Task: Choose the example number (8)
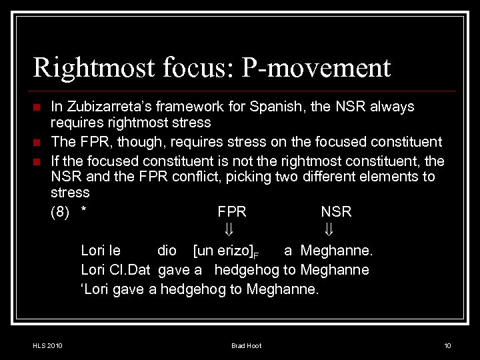(x=61, y=212)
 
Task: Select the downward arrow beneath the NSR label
(x=329, y=230)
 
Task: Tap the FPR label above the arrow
(x=232, y=212)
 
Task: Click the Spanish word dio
(x=167, y=251)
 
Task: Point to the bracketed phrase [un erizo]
(x=223, y=251)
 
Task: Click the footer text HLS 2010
(x=47, y=345)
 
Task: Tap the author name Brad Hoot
(x=246, y=345)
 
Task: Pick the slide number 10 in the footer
(x=447, y=345)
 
